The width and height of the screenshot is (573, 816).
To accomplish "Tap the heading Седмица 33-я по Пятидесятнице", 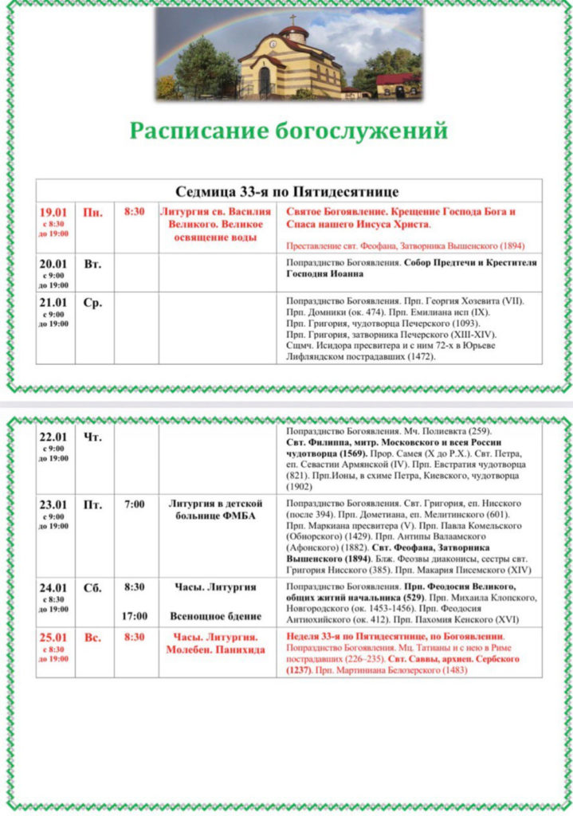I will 287,191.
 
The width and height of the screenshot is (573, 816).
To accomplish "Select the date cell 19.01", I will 53,213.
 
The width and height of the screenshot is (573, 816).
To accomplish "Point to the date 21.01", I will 53,303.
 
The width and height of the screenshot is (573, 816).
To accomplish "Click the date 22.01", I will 53,437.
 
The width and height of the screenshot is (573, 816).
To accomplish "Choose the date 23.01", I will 53,504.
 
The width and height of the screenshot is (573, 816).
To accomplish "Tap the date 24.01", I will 53,587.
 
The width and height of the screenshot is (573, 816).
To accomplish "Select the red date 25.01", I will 53,637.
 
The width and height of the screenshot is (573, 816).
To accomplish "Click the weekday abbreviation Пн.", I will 93,213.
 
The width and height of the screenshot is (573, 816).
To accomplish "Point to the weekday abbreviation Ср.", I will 92,303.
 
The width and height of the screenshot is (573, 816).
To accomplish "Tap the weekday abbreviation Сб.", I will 92,587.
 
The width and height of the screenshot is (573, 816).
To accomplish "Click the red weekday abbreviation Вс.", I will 92,637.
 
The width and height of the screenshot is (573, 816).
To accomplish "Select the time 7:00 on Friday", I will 135,504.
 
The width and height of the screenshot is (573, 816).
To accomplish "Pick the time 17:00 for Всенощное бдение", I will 135,616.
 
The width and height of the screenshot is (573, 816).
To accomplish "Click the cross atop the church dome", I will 292,19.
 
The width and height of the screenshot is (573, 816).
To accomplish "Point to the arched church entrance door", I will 265,81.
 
